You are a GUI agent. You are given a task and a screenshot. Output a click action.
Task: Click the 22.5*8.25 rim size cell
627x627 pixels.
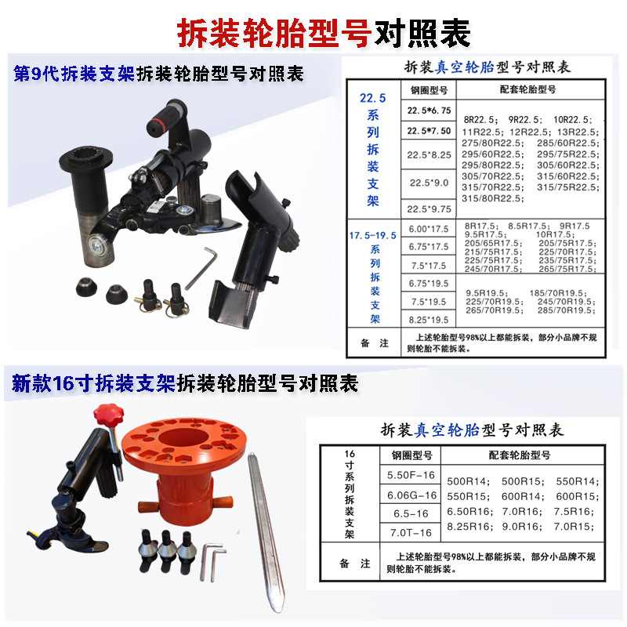[x=429, y=156]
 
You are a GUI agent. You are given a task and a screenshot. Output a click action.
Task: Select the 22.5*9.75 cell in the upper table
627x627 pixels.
[x=429, y=209]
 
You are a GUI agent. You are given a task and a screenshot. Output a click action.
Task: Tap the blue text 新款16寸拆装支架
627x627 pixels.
[x=94, y=384]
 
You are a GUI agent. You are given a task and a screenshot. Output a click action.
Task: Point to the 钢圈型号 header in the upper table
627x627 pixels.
[x=429, y=90]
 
